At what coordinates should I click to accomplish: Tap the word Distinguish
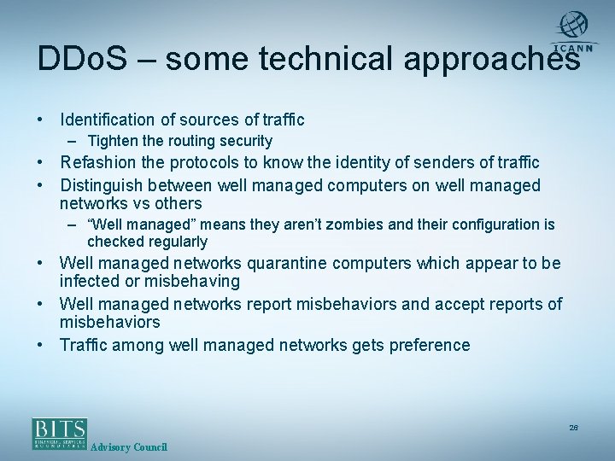click(107, 184)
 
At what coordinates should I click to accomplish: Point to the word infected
click(87, 281)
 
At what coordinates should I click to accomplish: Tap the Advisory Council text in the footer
click(128, 447)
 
